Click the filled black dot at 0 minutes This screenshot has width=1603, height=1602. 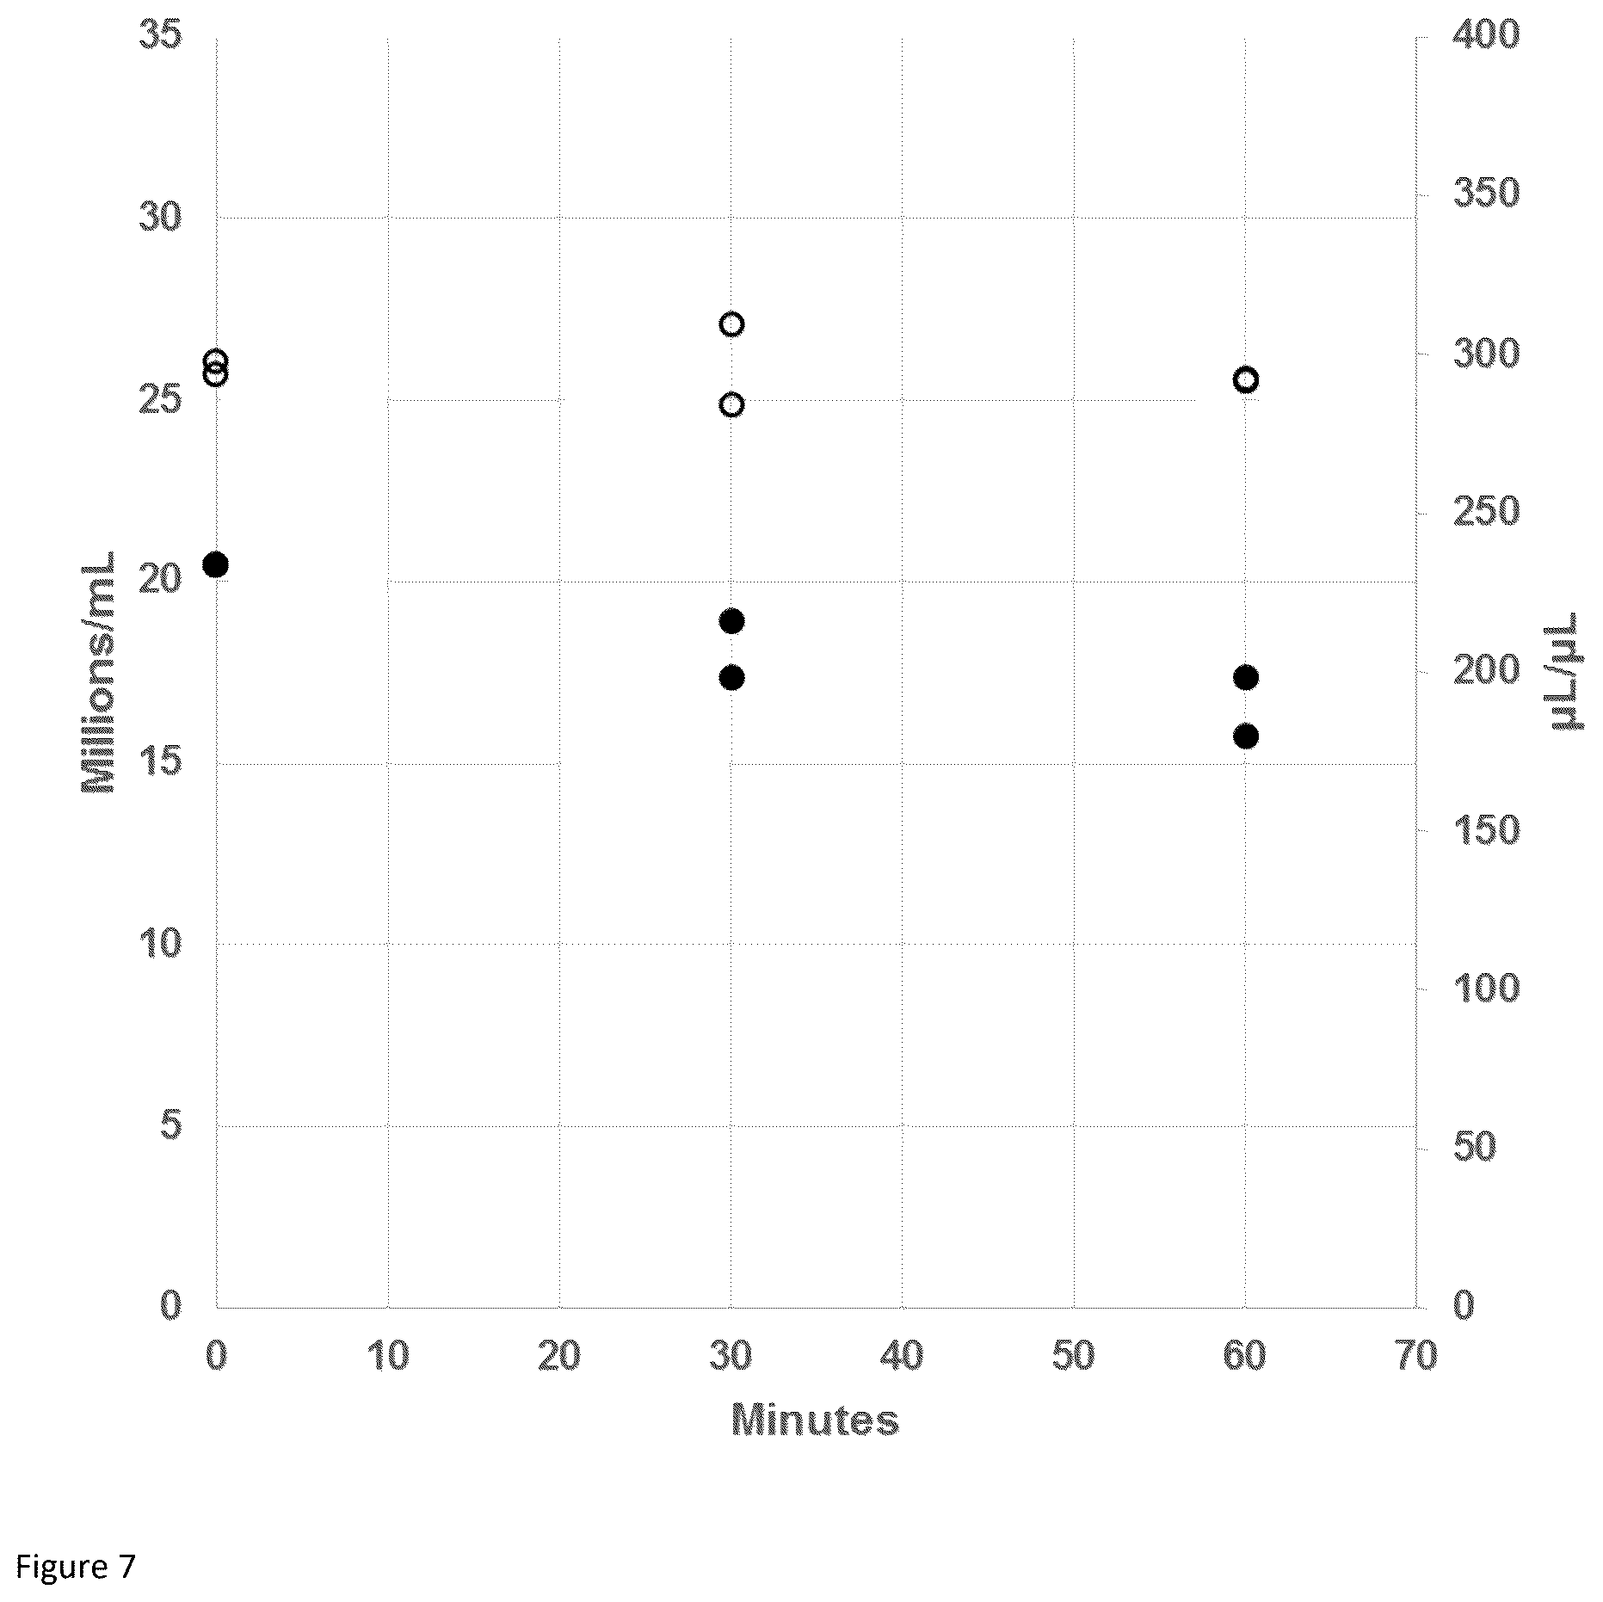[x=215, y=565]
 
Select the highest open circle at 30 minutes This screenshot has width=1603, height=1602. [x=731, y=324]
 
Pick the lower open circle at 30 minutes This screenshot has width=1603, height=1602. [x=731, y=404]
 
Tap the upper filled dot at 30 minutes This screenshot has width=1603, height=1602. [x=731, y=621]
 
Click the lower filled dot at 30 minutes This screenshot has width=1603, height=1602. [x=731, y=678]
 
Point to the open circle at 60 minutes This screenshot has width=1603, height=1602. [x=1245, y=379]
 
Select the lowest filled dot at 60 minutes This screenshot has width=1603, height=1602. [x=1245, y=736]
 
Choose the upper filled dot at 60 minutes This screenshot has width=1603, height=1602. [x=1245, y=678]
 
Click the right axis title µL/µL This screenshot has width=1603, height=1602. [x=1567, y=671]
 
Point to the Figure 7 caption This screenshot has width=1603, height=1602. [x=76, y=1566]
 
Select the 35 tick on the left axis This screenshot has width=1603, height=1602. [x=160, y=37]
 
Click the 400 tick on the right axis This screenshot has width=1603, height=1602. [x=1486, y=37]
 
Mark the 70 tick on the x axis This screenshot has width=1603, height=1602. [x=1415, y=1357]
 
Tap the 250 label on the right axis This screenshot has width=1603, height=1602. [x=1486, y=514]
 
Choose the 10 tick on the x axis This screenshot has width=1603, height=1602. [x=388, y=1357]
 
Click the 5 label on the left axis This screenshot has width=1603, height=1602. [x=172, y=1125]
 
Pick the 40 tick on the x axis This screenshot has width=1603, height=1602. [x=902, y=1357]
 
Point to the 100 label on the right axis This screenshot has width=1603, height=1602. [x=1486, y=989]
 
